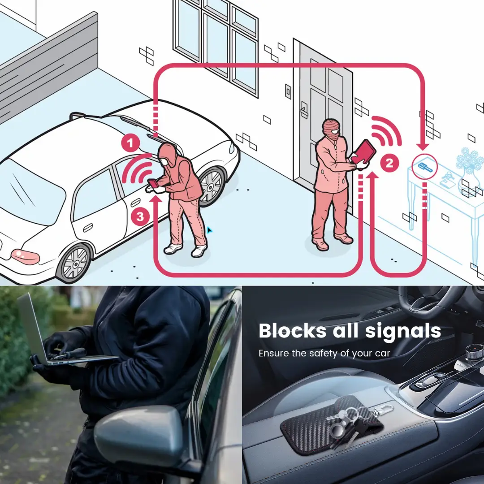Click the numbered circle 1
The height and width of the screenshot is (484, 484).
(130, 143)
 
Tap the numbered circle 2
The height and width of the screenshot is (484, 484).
(389, 163)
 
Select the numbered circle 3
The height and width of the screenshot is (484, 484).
(140, 216)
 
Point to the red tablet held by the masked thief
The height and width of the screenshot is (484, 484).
(364, 152)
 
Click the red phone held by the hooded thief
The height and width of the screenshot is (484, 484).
(153, 183)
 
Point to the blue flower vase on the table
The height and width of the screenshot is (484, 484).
(470, 173)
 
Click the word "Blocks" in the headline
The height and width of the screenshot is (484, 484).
(292, 331)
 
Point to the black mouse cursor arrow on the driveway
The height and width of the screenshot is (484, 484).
(209, 230)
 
